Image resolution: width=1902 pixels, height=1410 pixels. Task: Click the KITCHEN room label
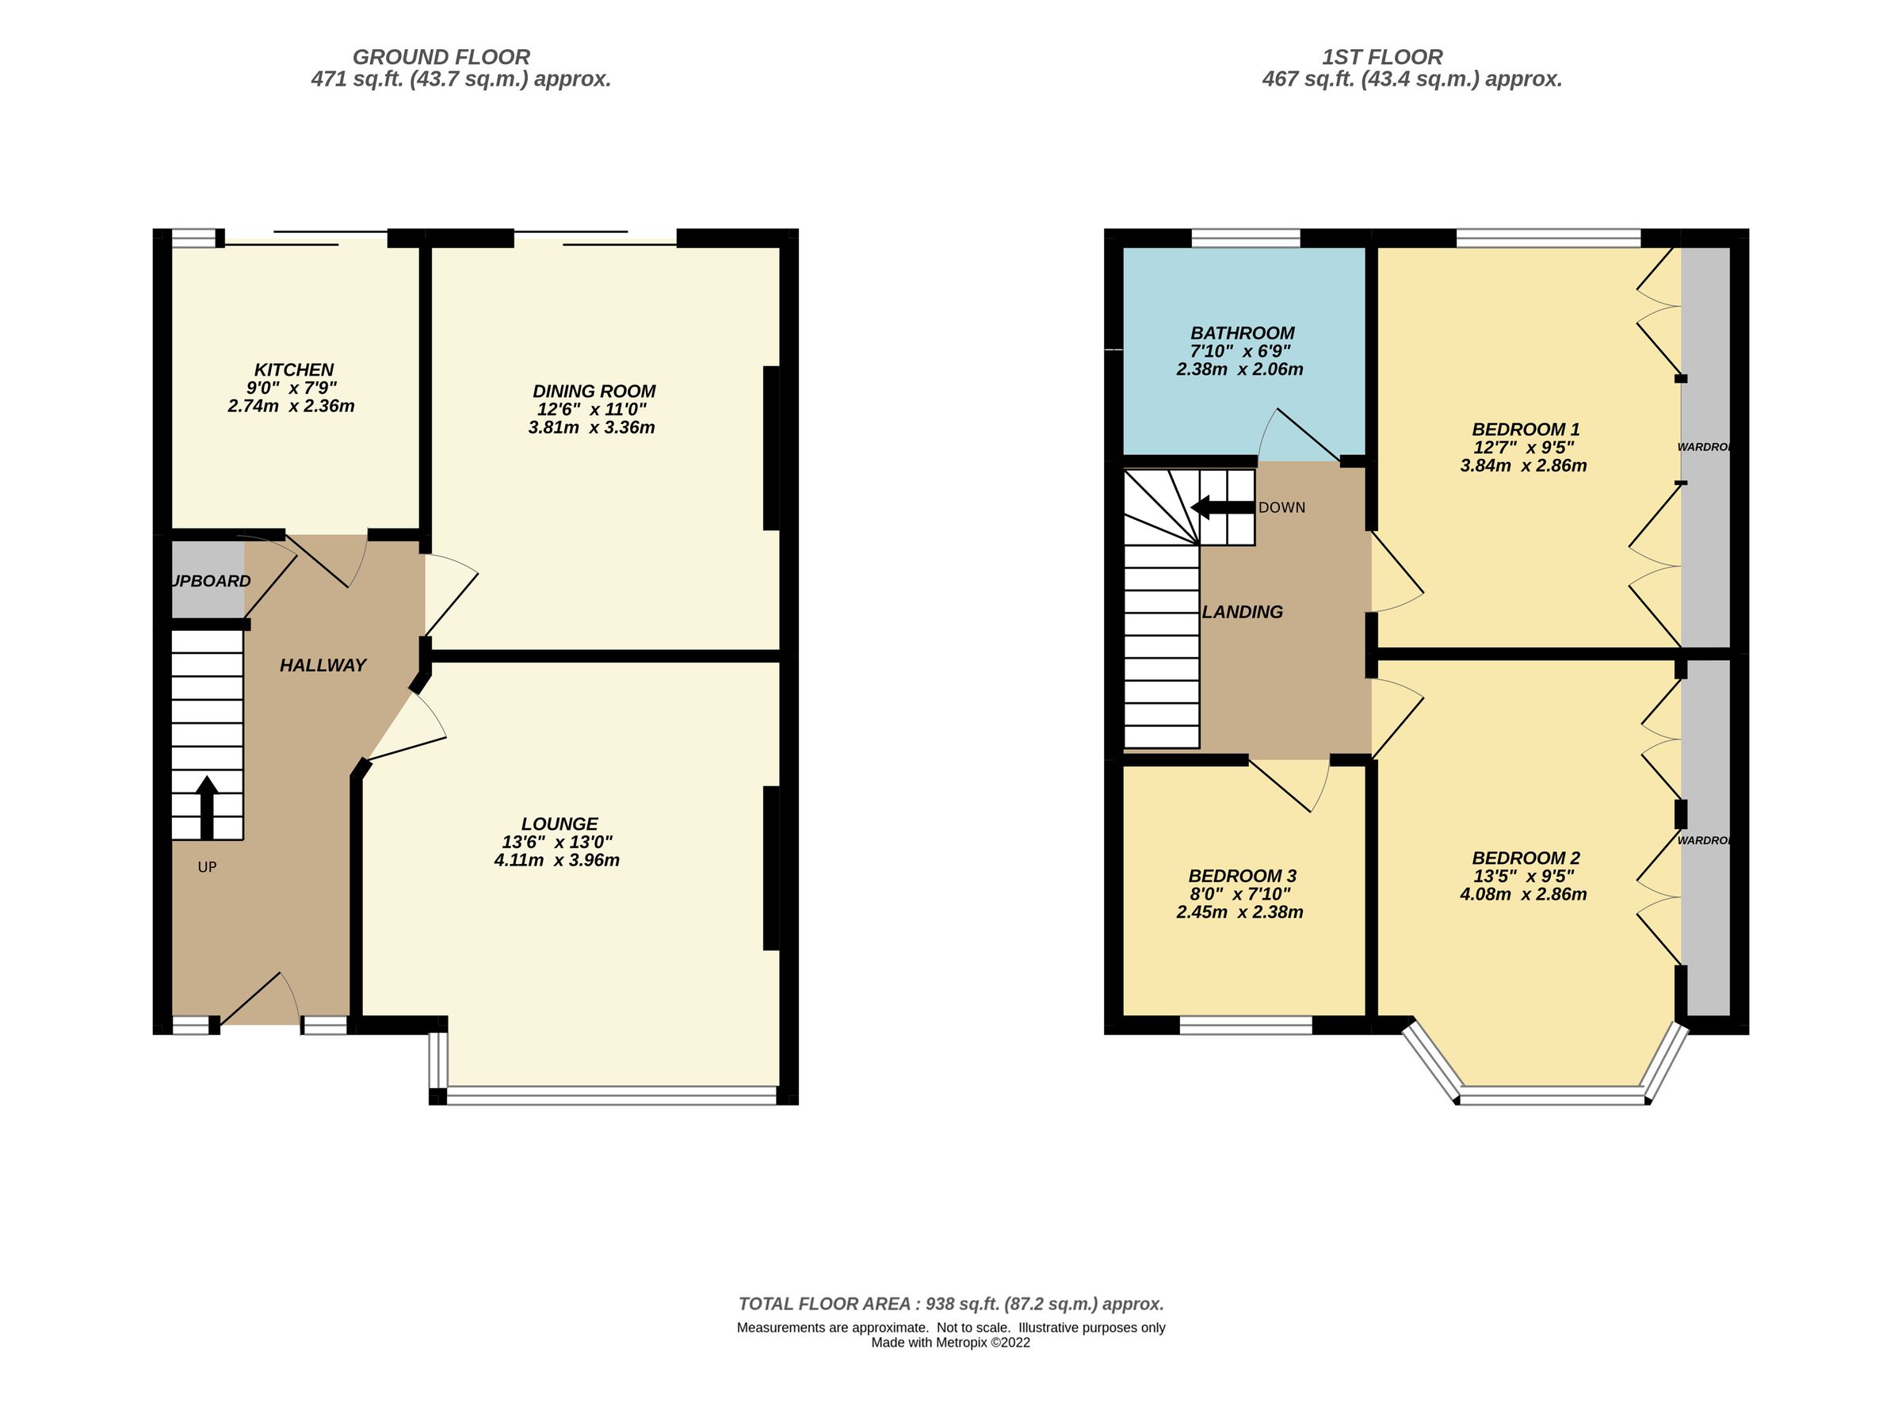tap(293, 369)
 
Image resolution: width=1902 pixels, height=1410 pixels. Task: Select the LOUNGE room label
tap(559, 823)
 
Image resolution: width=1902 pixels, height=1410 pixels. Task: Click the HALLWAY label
tap(323, 665)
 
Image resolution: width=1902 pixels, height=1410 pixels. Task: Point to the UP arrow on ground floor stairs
tap(207, 807)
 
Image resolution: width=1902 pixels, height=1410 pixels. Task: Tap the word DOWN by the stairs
tap(1281, 508)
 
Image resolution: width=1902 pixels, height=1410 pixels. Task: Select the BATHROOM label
tap(1242, 333)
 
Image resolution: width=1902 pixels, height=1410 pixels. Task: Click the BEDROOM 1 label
tap(1525, 430)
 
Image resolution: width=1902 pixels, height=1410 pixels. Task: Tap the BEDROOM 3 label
tap(1242, 876)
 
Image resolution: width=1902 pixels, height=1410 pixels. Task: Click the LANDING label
tap(1242, 612)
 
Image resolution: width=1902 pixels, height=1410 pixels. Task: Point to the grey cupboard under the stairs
tap(208, 580)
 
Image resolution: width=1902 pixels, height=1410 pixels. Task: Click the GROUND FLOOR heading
tap(441, 57)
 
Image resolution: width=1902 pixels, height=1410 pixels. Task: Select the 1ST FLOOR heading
tap(1381, 57)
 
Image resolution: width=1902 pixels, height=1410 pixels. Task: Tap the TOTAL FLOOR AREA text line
tap(949, 1304)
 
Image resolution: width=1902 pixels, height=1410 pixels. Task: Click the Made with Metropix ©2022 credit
tap(949, 1343)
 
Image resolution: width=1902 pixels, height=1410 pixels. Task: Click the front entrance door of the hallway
tap(256, 999)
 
